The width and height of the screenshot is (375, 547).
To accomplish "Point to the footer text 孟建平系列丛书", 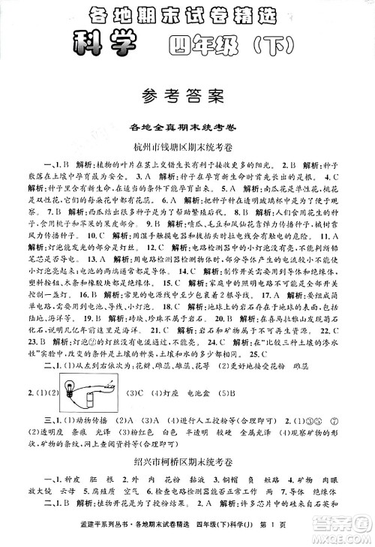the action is coord(70,534).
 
